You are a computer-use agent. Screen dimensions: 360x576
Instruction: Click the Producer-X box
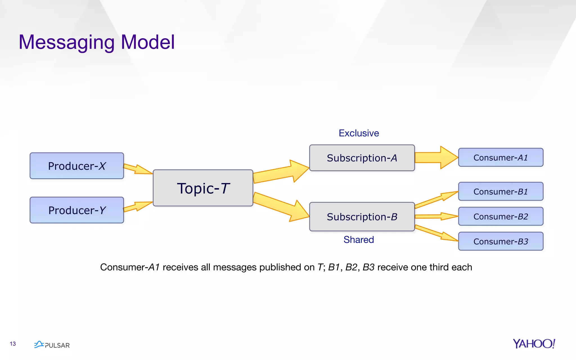coord(76,166)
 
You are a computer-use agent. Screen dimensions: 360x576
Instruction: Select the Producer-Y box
coord(76,210)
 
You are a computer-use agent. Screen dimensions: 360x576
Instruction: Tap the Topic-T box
coord(203,188)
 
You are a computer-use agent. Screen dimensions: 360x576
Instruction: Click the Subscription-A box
coord(362,158)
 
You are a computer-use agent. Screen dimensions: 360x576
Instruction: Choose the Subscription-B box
coord(362,217)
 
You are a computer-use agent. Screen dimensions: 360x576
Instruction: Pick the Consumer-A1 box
coord(501,157)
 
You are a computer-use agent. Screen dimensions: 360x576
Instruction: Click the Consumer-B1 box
coord(501,192)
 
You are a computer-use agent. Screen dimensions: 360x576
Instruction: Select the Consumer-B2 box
coord(501,216)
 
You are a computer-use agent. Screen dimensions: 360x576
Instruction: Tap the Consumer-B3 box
coord(501,241)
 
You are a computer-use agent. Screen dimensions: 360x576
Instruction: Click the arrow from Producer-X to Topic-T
coord(137,169)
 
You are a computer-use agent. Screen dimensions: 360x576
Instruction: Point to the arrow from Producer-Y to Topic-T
coord(137,207)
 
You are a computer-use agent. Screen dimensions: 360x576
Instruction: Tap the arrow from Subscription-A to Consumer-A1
coord(436,157)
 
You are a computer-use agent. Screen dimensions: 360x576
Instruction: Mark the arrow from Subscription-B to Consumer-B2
coord(436,216)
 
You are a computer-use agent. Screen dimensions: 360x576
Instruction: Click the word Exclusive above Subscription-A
coord(359,133)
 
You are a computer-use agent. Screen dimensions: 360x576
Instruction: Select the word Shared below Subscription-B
coord(359,240)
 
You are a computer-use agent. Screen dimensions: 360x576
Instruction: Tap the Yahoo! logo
coord(534,344)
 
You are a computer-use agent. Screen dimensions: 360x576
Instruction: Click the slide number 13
coord(13,344)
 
